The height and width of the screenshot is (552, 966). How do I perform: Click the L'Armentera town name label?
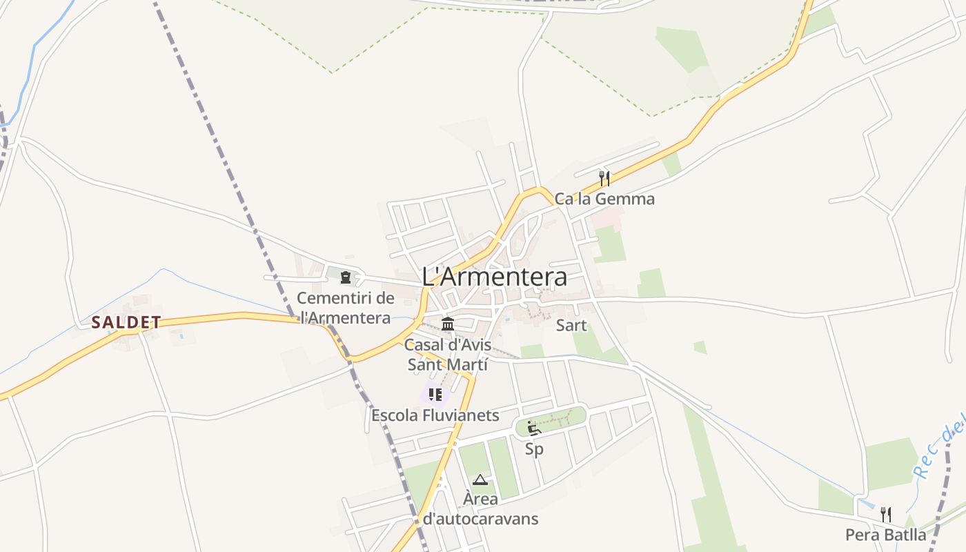[x=495, y=277]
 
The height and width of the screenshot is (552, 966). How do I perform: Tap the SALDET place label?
[x=126, y=322]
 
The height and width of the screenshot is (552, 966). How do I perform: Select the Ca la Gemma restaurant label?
[x=604, y=199]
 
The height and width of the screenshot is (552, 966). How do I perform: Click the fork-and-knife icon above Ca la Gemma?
[x=604, y=179]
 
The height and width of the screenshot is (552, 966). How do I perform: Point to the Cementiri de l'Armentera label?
[x=346, y=308]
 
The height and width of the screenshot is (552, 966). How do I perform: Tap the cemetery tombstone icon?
[x=346, y=278]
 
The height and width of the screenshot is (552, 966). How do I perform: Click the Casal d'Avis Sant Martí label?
[x=448, y=355]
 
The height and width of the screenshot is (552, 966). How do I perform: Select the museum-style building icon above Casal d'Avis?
[x=448, y=324]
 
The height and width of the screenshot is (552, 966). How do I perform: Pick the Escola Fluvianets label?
[x=435, y=415]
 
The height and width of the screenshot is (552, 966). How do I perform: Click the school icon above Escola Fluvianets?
[x=435, y=395]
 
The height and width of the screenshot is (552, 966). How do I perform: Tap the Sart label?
[x=571, y=326]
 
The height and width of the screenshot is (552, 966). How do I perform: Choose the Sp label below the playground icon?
[x=534, y=449]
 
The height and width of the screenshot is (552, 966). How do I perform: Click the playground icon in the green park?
[x=533, y=428]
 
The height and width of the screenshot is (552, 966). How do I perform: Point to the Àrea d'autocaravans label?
[x=480, y=509]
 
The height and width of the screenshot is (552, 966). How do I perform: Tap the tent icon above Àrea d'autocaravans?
[x=480, y=480]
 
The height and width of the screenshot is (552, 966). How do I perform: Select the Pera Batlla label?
[x=886, y=535]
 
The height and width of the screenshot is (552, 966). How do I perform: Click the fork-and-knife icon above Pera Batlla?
[x=886, y=515]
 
